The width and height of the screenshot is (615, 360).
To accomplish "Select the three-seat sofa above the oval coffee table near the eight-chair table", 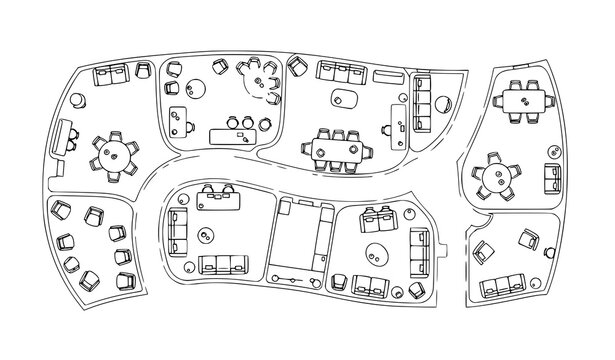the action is [340, 72].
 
